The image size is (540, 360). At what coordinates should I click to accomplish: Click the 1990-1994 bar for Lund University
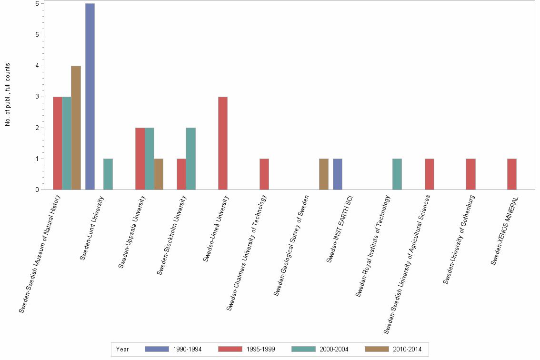point(90,97)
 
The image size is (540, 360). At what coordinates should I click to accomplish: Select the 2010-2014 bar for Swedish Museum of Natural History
point(76,128)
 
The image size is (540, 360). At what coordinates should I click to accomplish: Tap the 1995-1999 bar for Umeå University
point(222,143)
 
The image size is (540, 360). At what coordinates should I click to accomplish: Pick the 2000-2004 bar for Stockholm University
point(190,159)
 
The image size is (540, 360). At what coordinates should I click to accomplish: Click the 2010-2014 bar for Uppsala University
point(159,174)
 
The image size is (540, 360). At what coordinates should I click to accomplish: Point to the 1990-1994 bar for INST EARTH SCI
point(337,174)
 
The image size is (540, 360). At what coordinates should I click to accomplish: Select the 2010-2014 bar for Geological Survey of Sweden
point(324,174)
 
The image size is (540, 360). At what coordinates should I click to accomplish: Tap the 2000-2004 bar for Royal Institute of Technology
point(397,174)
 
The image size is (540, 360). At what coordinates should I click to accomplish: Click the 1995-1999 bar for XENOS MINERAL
point(511,174)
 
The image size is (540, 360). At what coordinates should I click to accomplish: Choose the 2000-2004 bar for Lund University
point(108,174)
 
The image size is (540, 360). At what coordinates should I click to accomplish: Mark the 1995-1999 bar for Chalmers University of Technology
point(264,174)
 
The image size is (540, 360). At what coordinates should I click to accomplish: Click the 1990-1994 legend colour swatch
point(157,349)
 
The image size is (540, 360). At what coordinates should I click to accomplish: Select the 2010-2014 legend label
point(407,349)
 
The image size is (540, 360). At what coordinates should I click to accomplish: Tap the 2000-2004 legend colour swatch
point(303,349)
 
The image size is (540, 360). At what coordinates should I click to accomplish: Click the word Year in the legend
point(122,349)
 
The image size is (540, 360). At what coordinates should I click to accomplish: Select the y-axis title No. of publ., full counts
point(8,95)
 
